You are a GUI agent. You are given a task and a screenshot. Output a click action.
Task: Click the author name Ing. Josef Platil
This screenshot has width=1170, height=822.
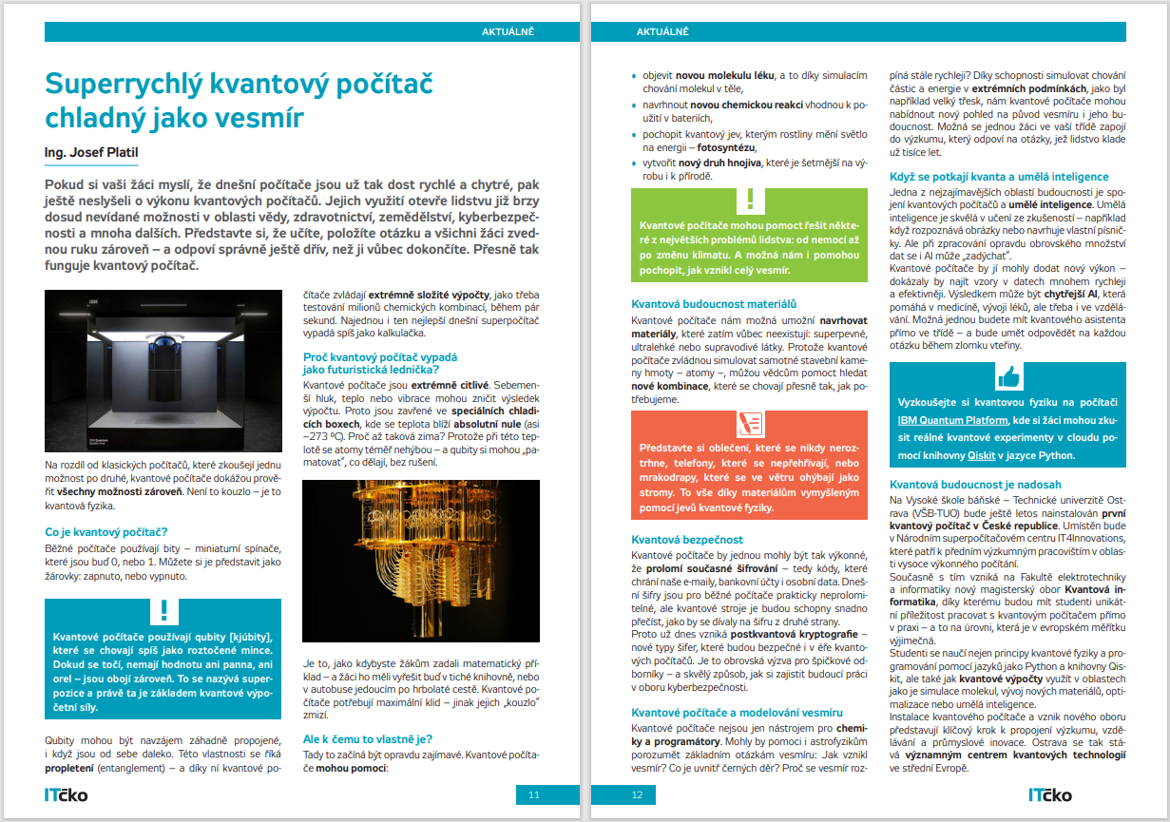click(x=98, y=152)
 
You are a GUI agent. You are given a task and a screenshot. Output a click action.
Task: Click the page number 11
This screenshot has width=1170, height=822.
click(x=534, y=794)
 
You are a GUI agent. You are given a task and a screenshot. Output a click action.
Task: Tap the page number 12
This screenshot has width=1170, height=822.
click(x=637, y=794)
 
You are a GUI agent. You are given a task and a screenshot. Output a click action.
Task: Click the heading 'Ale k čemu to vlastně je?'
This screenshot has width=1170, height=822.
click(x=366, y=737)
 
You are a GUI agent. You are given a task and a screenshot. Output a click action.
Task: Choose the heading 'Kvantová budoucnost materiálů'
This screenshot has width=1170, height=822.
click(x=714, y=304)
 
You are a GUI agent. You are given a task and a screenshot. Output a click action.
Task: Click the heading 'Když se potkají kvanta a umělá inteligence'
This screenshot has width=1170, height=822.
click(x=999, y=176)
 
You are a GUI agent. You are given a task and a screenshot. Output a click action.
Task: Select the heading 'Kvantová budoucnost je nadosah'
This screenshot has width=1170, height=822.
click(x=974, y=485)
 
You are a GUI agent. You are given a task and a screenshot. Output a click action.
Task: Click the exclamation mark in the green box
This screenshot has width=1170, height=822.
click(x=750, y=201)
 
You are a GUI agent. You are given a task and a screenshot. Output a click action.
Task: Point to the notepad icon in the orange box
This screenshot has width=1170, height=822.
click(x=750, y=423)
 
